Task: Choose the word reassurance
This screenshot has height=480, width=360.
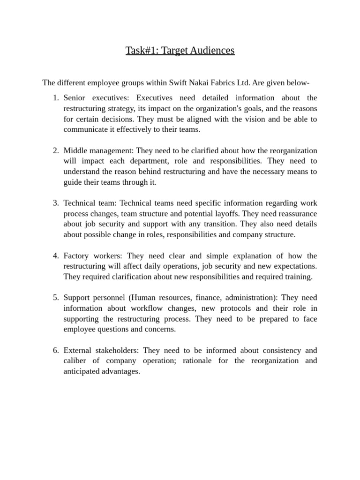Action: tap(296, 214)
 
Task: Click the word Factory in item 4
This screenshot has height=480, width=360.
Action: tap(76, 256)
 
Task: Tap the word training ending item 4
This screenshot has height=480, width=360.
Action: tap(298, 277)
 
